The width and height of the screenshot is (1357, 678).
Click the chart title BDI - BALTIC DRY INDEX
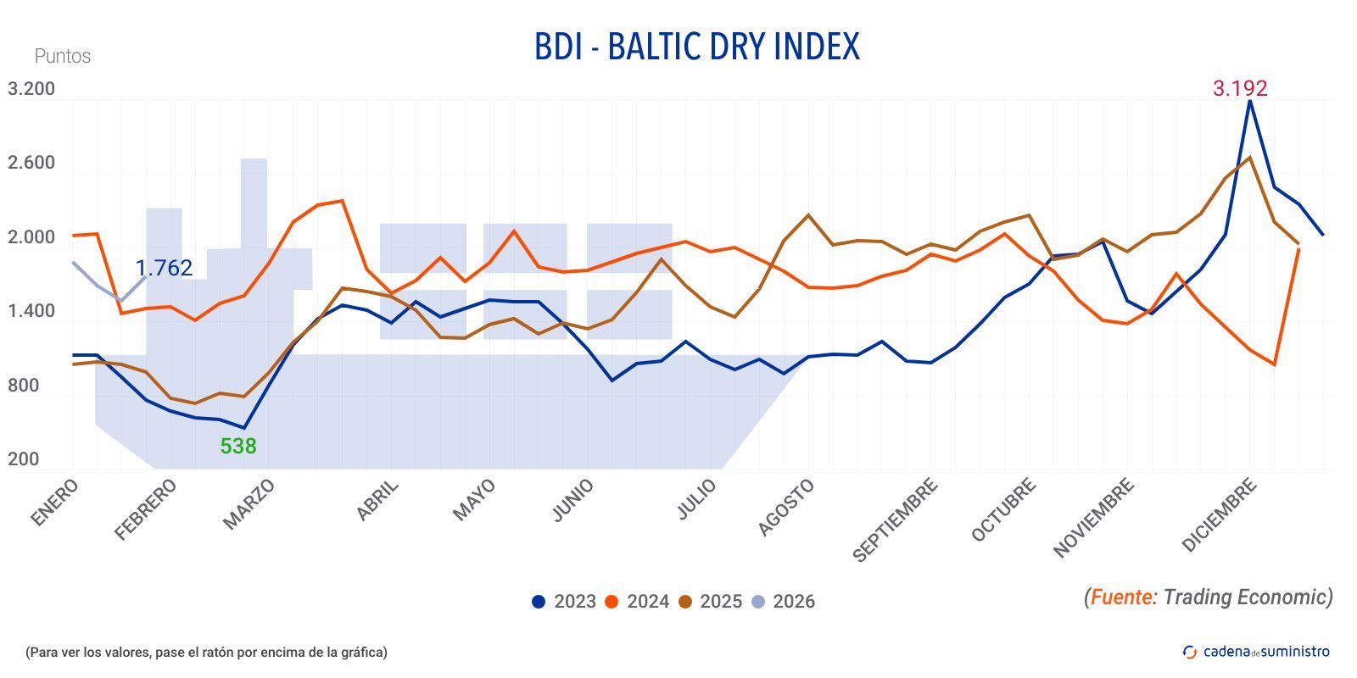(x=696, y=47)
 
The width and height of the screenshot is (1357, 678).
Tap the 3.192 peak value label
(x=1239, y=88)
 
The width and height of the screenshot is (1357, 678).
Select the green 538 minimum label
(x=238, y=446)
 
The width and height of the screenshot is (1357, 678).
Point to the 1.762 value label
(x=164, y=268)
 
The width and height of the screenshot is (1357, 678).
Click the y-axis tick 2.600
(x=31, y=163)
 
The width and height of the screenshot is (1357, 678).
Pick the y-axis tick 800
(x=24, y=386)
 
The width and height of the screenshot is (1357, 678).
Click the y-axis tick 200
(x=24, y=459)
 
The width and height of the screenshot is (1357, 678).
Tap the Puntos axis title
(x=62, y=56)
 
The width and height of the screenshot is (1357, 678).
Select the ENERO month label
(x=55, y=503)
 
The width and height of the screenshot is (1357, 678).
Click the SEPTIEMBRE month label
(x=896, y=520)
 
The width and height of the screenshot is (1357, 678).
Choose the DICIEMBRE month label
(x=1219, y=515)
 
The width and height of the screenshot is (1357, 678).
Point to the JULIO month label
(x=696, y=499)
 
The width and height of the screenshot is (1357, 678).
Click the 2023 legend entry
(x=564, y=602)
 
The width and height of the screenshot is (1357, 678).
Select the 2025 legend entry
(x=710, y=602)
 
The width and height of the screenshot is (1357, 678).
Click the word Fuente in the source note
(x=1121, y=597)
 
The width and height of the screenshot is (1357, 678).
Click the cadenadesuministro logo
(x=1256, y=651)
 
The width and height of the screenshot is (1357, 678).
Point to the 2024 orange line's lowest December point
(x=1274, y=364)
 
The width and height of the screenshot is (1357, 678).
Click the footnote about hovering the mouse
(x=206, y=652)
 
